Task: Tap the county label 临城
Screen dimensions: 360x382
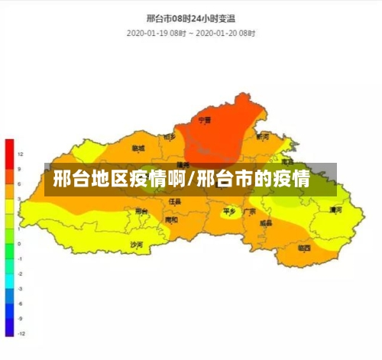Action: [138, 148]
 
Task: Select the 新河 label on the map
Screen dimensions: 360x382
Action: [263, 137]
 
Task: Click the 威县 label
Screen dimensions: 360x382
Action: [265, 223]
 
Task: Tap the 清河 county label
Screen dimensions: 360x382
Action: [335, 209]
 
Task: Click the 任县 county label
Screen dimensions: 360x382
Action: [175, 201]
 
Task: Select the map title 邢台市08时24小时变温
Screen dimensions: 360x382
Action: [191, 17]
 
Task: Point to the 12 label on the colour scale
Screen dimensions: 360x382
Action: [20, 154]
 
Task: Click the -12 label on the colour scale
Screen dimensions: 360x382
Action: [21, 334]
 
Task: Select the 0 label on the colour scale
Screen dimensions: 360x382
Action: [20, 244]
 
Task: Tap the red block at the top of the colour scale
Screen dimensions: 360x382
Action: [9, 153]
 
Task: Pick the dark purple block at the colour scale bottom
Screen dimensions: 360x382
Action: [9, 329]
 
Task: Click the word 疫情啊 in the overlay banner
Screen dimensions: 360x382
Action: [157, 180]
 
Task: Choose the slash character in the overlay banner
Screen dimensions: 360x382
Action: [192, 180]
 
